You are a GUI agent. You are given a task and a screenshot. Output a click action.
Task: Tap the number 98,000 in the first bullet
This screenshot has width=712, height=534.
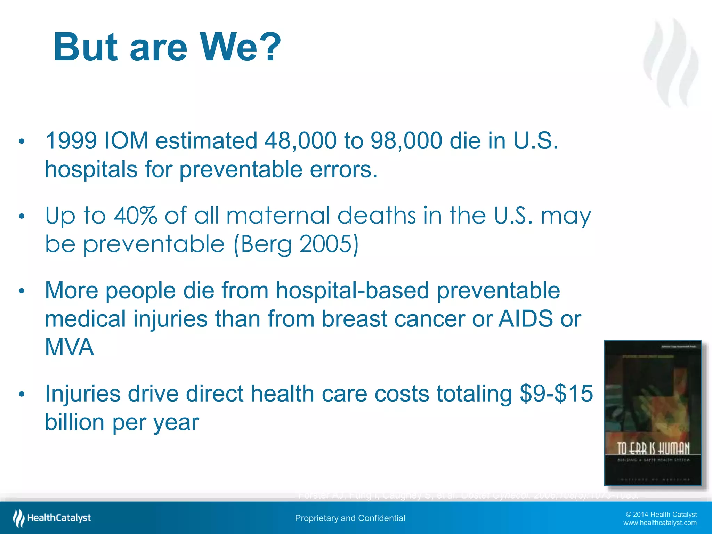(406, 141)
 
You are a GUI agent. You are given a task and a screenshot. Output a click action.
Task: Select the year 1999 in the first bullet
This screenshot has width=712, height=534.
(71, 141)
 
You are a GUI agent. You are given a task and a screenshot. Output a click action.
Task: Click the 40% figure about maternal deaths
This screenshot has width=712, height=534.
(136, 216)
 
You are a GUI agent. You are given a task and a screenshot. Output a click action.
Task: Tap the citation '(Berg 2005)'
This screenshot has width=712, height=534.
(296, 244)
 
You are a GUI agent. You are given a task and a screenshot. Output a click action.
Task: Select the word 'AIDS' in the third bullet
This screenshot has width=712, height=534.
(525, 319)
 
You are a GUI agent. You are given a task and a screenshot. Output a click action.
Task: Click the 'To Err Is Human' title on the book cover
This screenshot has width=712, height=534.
(653, 448)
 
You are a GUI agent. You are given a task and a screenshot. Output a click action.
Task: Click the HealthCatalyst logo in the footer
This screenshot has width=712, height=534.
(52, 518)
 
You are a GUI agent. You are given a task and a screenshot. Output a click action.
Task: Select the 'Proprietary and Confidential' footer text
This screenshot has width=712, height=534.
(350, 518)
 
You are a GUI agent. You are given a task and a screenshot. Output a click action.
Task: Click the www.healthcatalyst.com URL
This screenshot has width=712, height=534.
(660, 523)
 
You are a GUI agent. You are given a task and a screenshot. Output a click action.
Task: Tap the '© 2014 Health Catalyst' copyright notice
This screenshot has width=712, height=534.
(661, 515)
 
